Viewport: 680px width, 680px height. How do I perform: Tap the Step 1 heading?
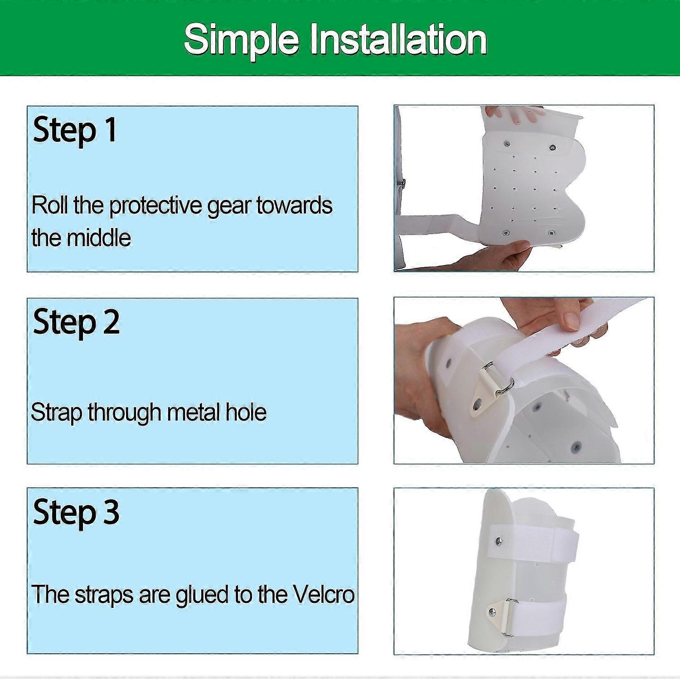point(75,130)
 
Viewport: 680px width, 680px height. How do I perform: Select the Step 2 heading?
point(76,322)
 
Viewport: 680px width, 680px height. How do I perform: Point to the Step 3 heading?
point(76,512)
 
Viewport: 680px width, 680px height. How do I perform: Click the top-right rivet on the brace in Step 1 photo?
point(552,147)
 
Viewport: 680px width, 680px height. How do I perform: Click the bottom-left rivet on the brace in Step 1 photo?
point(505,233)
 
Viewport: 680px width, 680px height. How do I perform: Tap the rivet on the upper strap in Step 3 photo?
point(499,540)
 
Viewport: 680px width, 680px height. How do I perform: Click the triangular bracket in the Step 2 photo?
point(481,397)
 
